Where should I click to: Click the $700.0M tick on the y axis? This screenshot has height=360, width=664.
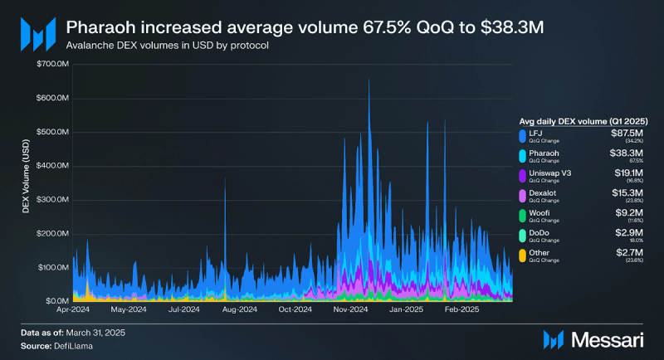click(x=51, y=64)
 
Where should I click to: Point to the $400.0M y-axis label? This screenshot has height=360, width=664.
click(x=51, y=166)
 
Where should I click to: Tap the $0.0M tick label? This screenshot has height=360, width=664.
click(x=55, y=301)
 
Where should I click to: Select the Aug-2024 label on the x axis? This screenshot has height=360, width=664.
click(x=238, y=310)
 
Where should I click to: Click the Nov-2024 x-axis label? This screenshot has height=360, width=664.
click(x=350, y=310)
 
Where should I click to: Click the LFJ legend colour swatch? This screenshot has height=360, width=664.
click(x=521, y=134)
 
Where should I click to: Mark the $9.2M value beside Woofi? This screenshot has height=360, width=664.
click(x=632, y=212)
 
